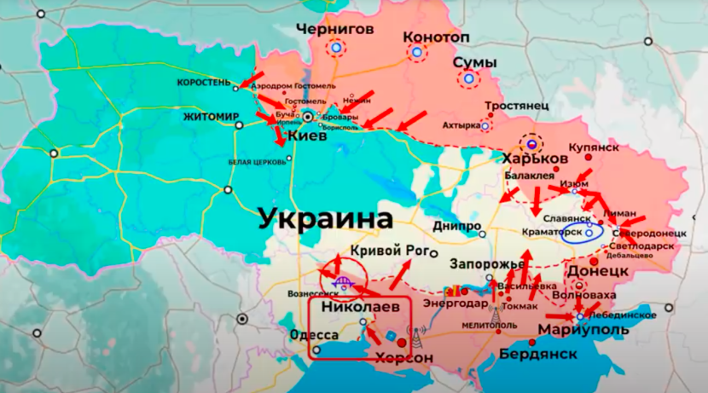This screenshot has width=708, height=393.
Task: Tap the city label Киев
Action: coord(306,136)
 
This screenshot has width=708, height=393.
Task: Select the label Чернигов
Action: coord(335,30)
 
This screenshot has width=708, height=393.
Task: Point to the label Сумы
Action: coord(469,62)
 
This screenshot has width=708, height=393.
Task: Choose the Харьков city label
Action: coord(536,159)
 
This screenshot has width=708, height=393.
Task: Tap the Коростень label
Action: coord(203,84)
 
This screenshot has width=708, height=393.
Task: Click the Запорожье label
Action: coord(484,263)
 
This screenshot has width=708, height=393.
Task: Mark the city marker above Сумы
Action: coord(468,80)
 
